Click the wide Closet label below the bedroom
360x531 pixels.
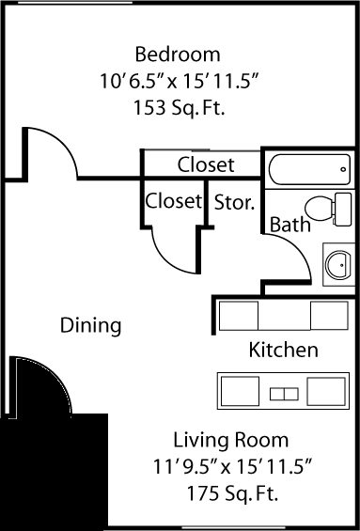[206, 165]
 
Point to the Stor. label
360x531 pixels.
[235, 201]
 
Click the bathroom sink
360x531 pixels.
[337, 262]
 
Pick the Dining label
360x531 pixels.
[91, 326]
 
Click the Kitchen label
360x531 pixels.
[283, 351]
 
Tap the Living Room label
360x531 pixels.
[230, 439]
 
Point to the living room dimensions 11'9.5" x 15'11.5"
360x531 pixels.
[230, 465]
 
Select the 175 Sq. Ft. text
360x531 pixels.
[230, 492]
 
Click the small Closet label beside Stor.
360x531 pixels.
[173, 201]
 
